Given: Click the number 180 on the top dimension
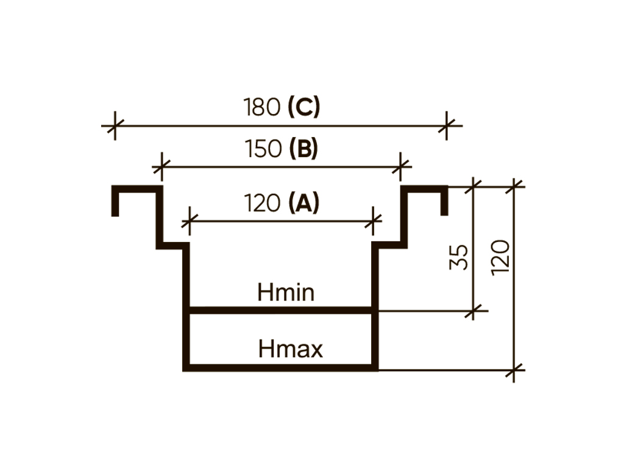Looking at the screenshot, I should (263, 108).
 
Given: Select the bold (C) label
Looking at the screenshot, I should (303, 108).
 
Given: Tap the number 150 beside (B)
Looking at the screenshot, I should (263, 149).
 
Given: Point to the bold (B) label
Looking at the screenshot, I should (303, 149).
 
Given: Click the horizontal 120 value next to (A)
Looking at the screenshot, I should (263, 203).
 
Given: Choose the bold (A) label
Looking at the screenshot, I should (303, 203).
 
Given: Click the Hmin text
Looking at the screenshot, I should (286, 293).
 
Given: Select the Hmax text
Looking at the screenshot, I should (290, 350).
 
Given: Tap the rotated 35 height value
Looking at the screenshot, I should (459, 257).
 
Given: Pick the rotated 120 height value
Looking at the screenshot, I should (500, 257).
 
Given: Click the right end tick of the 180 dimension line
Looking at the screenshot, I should (447, 126).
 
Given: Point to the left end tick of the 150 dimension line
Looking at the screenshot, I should (161, 166).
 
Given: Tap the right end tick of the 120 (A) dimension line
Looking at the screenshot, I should (373, 220).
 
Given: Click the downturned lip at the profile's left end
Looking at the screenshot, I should (115, 202).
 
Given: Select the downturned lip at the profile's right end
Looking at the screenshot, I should (444, 202).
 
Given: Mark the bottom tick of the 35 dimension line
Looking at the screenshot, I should (473, 311).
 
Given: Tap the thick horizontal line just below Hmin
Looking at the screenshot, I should (280, 311).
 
